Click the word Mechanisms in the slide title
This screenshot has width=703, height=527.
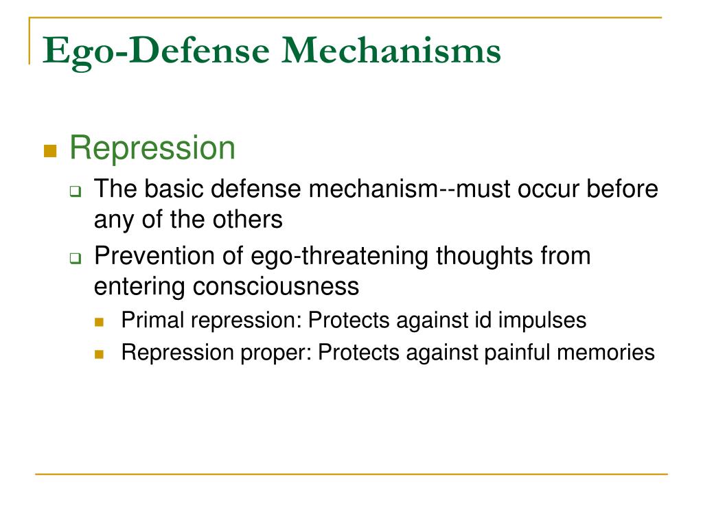[x=391, y=49]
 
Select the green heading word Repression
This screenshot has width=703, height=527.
[x=152, y=148]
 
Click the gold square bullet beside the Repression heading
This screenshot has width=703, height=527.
[x=50, y=151]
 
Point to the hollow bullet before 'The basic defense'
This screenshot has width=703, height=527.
[x=76, y=192]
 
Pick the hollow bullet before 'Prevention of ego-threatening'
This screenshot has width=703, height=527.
[x=76, y=258]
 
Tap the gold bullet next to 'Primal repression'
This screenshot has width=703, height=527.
[x=100, y=322]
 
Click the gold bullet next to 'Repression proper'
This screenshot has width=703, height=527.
[x=100, y=355]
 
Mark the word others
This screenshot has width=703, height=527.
[x=247, y=220]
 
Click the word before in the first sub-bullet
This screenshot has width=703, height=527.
[x=622, y=189]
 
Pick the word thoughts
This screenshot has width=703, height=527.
[x=485, y=257]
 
